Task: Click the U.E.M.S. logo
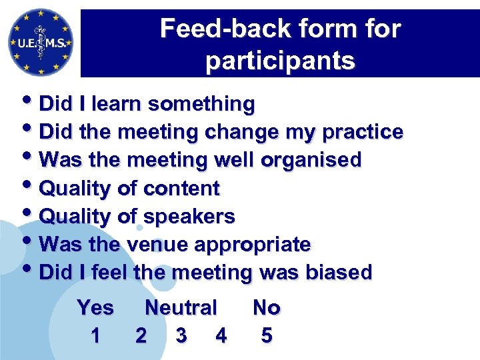pos(40,41)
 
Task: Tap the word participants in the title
pos(280,61)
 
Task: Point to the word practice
pos(362,132)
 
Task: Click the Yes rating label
pos(95,308)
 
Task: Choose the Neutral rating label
pos(181,308)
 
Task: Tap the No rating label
pos(267,308)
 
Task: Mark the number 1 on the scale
pos(95,336)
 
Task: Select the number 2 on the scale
pos(141,336)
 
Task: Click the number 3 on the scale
pos(181,336)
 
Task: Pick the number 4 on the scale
pos(221,336)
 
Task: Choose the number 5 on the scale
pos(267,336)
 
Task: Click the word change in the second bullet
pos(234,132)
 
